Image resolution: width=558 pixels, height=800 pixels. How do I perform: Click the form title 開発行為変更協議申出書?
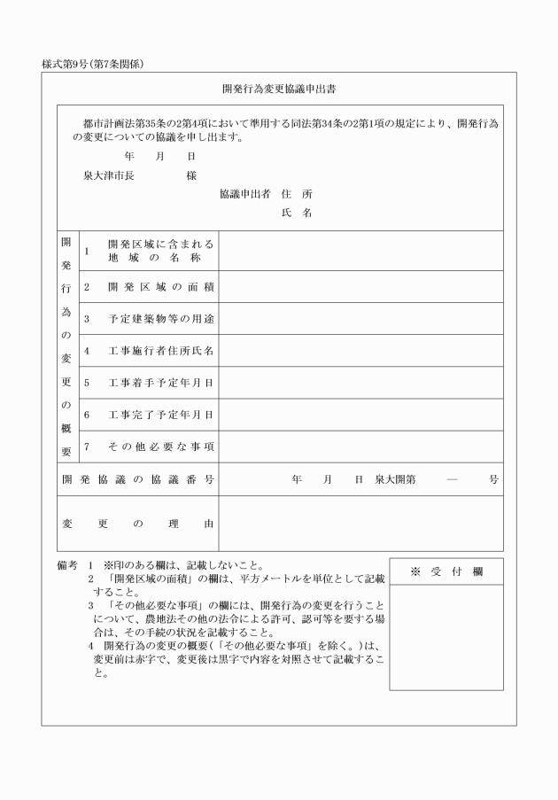278,89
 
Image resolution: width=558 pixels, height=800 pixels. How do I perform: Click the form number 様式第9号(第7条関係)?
93,64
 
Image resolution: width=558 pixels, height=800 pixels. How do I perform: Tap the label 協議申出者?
245,193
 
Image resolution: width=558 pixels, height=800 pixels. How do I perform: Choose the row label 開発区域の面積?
160,287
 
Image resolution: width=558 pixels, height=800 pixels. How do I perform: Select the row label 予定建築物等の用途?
160,319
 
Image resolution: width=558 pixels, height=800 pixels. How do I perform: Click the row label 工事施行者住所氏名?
160,351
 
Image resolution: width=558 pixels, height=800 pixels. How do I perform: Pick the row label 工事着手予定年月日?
160,383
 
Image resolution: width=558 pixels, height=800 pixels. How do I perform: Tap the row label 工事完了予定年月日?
160,415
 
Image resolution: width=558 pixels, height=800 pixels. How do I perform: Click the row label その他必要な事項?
160,447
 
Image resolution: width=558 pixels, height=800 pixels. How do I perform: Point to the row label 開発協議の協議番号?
138,479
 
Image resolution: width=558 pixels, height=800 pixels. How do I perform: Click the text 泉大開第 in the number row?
395,479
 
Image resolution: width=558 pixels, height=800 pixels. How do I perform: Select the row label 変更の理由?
138,524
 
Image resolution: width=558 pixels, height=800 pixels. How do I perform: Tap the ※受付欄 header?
446,571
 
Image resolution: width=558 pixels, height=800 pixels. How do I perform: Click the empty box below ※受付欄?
446,637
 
